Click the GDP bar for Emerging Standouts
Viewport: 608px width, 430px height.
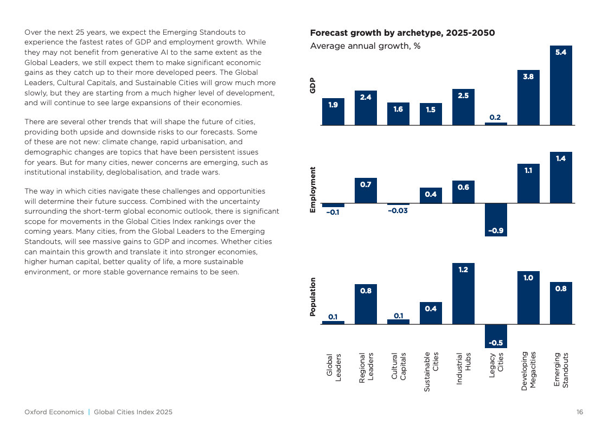coord(561,85)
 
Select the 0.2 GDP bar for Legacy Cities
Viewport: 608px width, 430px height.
coord(496,124)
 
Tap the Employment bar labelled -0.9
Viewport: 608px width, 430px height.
coord(496,220)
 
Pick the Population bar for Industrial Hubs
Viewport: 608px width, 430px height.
coord(463,293)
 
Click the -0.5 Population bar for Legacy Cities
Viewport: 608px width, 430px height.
coord(496,336)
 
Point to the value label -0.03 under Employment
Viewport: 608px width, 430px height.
coord(398,210)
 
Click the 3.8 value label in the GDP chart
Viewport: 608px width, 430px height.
coord(528,76)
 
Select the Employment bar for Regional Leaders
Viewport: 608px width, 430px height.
coord(365,190)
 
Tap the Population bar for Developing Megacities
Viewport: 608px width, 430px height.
coord(528,297)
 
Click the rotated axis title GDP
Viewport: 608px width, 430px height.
coord(312,85)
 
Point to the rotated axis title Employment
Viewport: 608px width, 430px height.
coord(312,190)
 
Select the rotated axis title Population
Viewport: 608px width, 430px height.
coord(312,297)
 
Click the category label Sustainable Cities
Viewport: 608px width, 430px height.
coord(431,371)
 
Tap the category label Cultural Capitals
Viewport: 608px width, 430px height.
coord(399,366)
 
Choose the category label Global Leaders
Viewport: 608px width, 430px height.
coord(334,367)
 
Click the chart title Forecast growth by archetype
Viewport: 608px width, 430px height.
coord(402,33)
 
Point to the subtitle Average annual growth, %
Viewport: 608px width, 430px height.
coord(365,46)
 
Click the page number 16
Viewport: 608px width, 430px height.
coord(580,412)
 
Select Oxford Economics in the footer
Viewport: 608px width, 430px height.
coord(54,412)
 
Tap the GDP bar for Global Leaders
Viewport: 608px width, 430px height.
coord(333,112)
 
